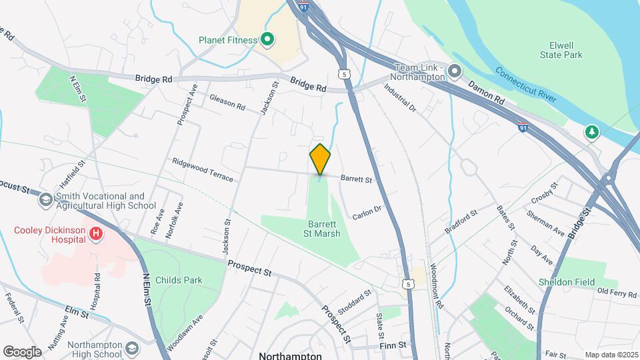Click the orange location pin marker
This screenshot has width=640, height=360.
coord(320,159)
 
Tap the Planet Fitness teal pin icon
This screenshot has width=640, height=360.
coord(267,40)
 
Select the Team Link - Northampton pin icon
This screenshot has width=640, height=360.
coord(455,71)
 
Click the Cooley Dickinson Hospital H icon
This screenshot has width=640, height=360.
coord(97,233)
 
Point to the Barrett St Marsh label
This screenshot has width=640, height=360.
coord(324,229)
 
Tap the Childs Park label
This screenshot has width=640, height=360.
coord(178,280)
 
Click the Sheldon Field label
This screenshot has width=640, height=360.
coord(567,282)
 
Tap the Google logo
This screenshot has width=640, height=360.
coord(22,351)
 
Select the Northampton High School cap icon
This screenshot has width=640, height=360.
coord(133,349)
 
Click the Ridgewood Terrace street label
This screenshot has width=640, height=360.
coord(203,170)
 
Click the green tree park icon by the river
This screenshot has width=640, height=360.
coord(591,133)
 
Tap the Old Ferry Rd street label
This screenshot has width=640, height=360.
coord(617,291)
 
